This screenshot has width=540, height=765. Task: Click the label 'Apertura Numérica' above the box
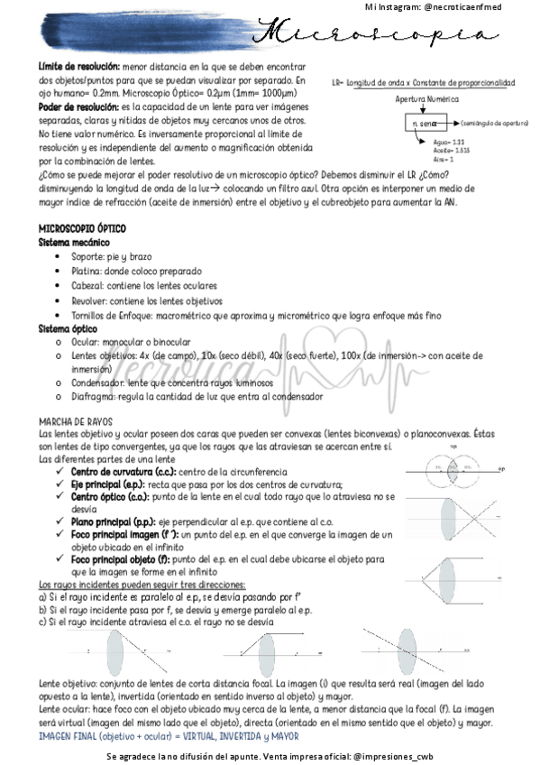426,99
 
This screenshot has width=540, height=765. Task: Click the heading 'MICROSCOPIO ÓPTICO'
82,230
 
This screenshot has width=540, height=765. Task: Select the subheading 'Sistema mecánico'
74,243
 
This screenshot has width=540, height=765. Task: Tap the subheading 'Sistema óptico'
69,329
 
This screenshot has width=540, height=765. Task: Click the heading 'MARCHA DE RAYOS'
75,422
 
